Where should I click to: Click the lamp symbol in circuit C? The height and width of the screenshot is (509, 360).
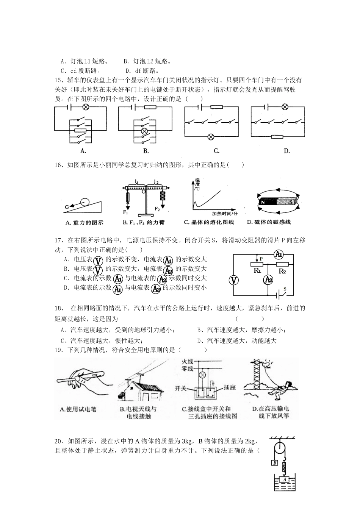tap(211, 136)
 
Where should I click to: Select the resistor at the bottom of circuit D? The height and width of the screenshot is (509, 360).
tap(277, 136)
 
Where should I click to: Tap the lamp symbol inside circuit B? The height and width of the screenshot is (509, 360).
tap(144, 131)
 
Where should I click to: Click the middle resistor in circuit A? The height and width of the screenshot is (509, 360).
tap(80, 131)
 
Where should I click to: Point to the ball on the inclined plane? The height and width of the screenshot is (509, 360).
tap(86, 202)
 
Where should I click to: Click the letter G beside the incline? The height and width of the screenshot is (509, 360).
tap(67, 207)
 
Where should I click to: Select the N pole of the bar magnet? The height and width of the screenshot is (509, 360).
tap(263, 202)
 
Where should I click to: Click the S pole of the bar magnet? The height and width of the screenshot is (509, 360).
tap(291, 202)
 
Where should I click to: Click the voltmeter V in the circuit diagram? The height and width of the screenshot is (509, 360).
tap(234, 280)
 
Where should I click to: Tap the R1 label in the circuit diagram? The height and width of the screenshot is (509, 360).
tap(257, 271)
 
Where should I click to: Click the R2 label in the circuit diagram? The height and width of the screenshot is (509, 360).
tap(282, 271)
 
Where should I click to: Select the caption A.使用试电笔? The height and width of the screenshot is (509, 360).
tap(78, 409)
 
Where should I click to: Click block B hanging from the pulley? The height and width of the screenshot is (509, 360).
tap(275, 462)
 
